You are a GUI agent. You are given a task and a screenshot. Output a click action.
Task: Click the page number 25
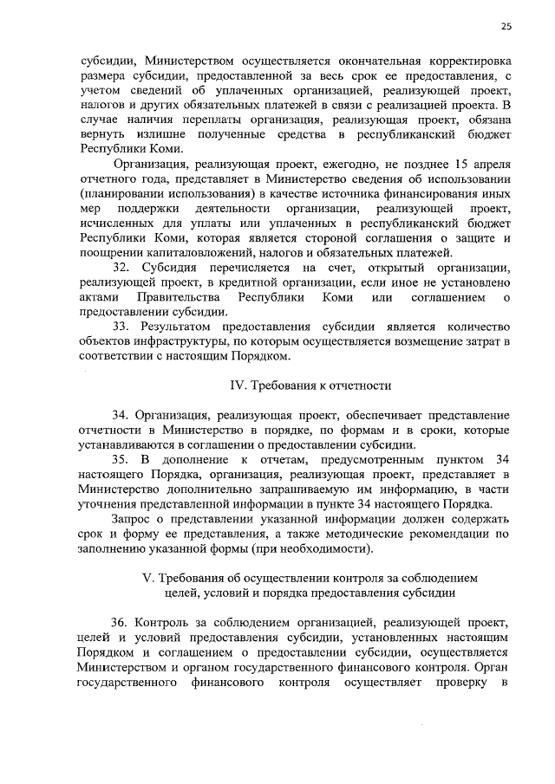click(506, 27)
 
